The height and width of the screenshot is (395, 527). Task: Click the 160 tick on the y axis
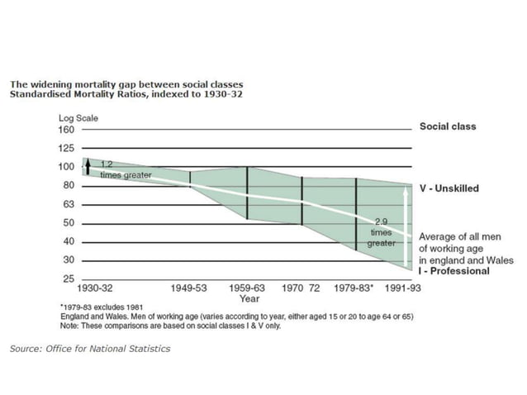[64, 130]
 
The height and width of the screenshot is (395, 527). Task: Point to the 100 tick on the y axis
[64, 167]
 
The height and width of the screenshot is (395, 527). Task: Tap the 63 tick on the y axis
[66, 204]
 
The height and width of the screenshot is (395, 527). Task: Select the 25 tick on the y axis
[66, 278]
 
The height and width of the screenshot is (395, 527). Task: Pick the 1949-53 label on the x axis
[190, 290]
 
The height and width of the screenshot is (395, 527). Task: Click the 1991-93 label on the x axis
[405, 290]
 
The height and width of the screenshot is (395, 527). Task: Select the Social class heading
[448, 127]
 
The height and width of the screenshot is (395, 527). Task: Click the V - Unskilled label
[449, 188]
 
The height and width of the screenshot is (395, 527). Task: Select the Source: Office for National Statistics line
[90, 349]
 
